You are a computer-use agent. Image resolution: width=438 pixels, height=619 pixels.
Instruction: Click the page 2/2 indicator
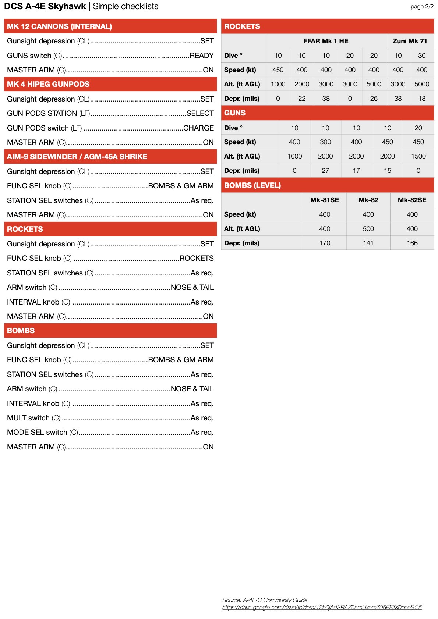(x=422, y=7)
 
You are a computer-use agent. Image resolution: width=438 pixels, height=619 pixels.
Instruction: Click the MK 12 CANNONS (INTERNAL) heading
(x=59, y=26)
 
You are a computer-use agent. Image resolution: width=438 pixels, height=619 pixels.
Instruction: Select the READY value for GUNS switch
(x=201, y=56)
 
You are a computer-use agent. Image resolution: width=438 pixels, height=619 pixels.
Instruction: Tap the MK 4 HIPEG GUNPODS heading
(x=48, y=84)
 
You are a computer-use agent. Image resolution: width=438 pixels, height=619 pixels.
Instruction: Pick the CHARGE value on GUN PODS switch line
(x=198, y=128)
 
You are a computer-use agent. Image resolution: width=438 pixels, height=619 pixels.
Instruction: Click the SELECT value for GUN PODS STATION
(x=200, y=113)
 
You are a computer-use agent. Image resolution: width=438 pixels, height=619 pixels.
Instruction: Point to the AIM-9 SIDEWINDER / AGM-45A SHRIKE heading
(x=77, y=157)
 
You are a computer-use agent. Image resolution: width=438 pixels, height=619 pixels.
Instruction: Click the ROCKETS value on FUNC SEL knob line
(x=197, y=258)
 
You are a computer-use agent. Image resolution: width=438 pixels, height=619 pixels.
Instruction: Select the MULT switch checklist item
(x=33, y=418)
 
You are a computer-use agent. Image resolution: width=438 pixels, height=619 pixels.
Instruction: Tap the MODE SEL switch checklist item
(x=42, y=432)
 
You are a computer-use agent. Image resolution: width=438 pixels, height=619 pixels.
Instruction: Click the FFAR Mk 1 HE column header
(x=326, y=41)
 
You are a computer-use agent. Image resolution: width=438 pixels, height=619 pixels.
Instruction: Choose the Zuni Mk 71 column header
(x=410, y=41)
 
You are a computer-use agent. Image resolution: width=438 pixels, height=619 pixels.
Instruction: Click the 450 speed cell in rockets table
(x=278, y=70)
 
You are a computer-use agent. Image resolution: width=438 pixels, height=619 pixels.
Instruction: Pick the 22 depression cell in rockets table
(x=302, y=99)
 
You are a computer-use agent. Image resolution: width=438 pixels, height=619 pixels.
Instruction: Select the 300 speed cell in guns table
(x=325, y=142)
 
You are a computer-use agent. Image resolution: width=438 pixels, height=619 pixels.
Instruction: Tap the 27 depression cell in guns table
(x=325, y=171)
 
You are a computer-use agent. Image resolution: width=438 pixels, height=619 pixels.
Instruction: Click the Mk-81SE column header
(x=325, y=200)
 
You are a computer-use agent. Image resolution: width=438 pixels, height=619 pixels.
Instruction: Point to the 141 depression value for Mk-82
(x=368, y=243)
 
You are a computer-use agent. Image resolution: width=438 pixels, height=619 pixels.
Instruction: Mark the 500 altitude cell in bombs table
(x=368, y=229)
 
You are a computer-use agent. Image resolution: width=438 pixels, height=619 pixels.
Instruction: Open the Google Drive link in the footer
(x=322, y=607)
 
